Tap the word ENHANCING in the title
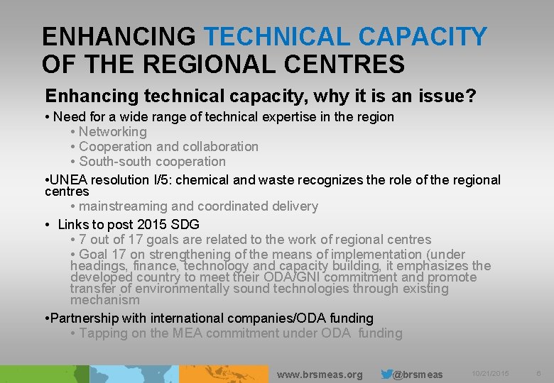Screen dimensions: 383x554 pos(118,36)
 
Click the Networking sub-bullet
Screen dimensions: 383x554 pos(112,131)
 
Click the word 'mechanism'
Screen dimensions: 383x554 pos(105,300)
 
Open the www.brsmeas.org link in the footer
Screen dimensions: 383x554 pos(319,374)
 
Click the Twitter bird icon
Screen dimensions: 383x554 pos(386,374)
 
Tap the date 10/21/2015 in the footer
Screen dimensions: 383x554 pos(490,374)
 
